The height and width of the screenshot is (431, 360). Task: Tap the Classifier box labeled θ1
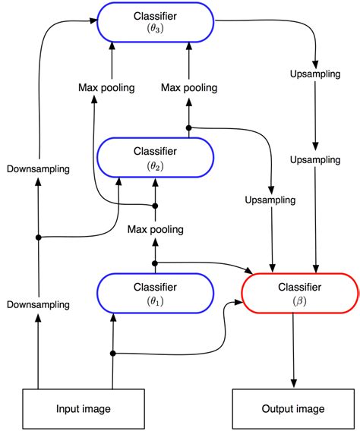pyautogui.click(x=155, y=294)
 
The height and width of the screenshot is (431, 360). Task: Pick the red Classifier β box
pyautogui.click(x=298, y=294)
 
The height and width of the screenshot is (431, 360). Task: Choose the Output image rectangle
pyautogui.click(x=294, y=409)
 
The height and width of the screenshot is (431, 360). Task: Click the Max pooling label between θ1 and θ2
pyautogui.click(x=155, y=229)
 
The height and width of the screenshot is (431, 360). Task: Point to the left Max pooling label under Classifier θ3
pyautogui.click(x=106, y=87)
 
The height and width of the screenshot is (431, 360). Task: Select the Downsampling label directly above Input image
pyautogui.click(x=38, y=304)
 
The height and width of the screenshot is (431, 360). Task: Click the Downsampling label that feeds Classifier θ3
pyautogui.click(x=38, y=168)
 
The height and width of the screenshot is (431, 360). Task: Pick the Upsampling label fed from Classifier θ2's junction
pyautogui.click(x=270, y=200)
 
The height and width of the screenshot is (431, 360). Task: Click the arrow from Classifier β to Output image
pyautogui.click(x=294, y=349)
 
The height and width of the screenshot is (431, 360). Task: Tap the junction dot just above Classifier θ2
pyautogui.click(x=188, y=127)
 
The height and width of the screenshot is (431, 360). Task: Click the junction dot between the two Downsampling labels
pyautogui.click(x=38, y=238)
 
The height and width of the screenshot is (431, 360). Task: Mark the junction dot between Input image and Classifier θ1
pyautogui.click(x=112, y=354)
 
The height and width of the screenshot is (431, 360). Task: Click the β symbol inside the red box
pyautogui.click(x=298, y=301)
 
